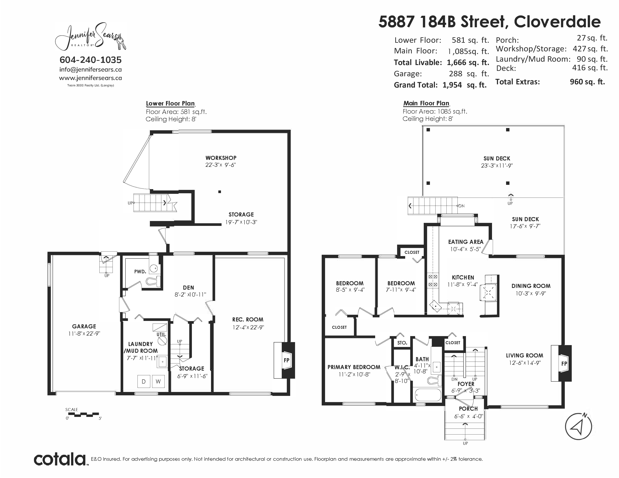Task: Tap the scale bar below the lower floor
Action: (83, 415)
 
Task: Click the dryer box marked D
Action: (144, 381)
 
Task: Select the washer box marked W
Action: (158, 381)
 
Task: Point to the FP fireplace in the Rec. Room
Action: (284, 360)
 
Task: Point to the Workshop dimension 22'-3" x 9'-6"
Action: (221, 165)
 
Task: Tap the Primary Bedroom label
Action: (354, 367)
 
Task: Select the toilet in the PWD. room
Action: (153, 281)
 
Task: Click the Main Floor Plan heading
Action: (426, 103)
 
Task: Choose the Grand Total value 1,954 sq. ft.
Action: (465, 85)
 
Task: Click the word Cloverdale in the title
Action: (557, 22)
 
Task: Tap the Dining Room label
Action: (531, 286)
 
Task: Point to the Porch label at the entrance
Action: (468, 409)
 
